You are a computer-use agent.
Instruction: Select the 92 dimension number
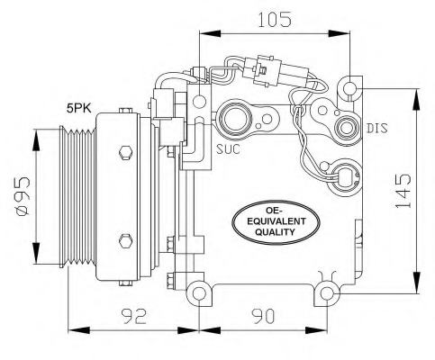pyautogui.click(x=134, y=316)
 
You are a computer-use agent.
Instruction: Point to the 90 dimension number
pyautogui.click(x=262, y=316)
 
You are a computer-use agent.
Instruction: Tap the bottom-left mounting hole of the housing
pyautogui.click(x=199, y=292)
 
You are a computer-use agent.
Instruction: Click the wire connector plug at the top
pyautogui.click(x=261, y=70)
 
